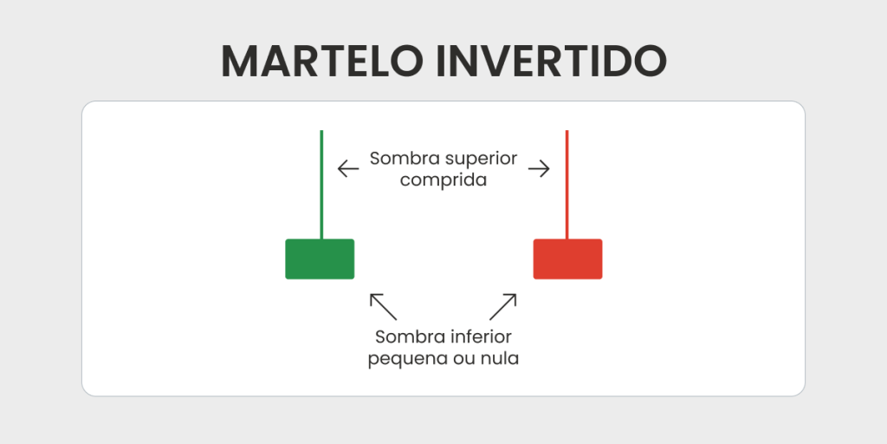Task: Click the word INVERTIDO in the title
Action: (x=552, y=61)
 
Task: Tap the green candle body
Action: (x=320, y=258)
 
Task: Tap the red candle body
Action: (x=567, y=258)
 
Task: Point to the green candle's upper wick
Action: (x=321, y=185)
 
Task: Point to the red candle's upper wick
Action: (x=567, y=185)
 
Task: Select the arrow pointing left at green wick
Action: (x=348, y=169)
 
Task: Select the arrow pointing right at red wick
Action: (x=539, y=169)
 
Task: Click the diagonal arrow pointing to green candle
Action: (x=383, y=306)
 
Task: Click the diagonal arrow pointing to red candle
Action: (x=503, y=306)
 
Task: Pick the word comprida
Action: (x=443, y=180)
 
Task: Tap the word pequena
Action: (x=404, y=359)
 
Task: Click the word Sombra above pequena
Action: (x=411, y=337)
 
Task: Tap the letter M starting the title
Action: (x=239, y=61)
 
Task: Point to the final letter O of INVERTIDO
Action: (x=650, y=61)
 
